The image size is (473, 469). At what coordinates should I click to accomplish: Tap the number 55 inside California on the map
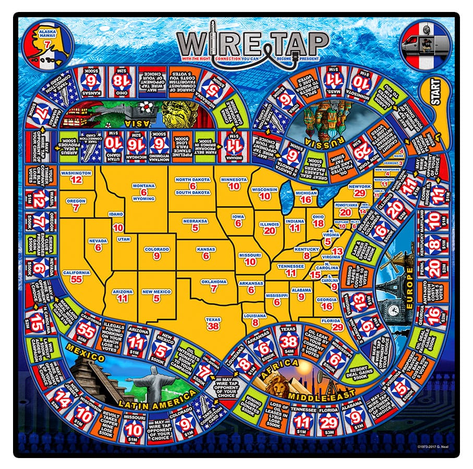point(76,280)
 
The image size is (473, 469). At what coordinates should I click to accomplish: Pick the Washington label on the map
point(76,172)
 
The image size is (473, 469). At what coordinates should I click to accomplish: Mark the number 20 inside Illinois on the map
point(269,231)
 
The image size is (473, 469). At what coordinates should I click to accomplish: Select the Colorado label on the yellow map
point(156,249)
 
